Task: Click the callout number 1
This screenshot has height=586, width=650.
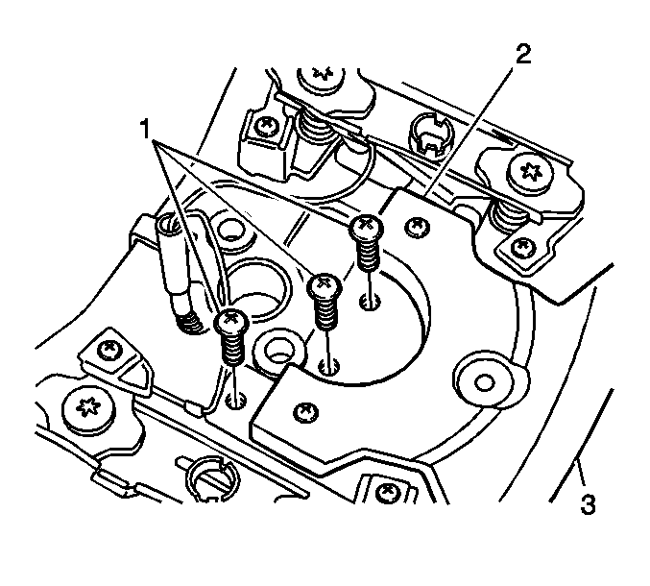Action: tap(145, 129)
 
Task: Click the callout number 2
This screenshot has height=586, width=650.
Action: tap(523, 55)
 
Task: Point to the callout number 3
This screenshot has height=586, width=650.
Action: tap(588, 504)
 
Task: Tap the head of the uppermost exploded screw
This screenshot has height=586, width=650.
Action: tap(366, 227)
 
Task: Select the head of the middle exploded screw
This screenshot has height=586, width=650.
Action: tap(325, 285)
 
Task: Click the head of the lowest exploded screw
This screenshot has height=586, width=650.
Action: tap(231, 321)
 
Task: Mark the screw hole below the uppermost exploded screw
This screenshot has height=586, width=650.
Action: tap(370, 302)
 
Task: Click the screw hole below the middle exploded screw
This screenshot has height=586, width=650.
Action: tap(329, 366)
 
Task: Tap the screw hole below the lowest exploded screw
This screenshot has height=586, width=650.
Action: tap(236, 401)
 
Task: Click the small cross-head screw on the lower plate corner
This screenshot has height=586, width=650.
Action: tap(305, 412)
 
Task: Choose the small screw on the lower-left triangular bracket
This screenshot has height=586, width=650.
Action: tap(109, 350)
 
